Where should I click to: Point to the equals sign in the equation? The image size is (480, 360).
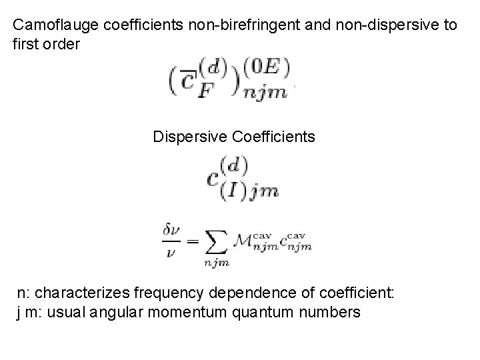click(x=192, y=241)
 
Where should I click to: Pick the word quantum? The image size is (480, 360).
click(x=278, y=311)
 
